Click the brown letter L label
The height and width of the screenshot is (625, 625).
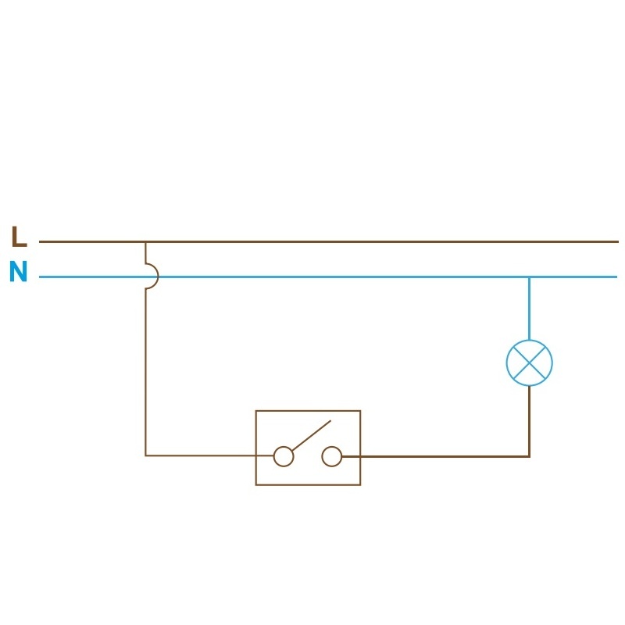(19, 236)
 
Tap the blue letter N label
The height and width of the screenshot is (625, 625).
(18, 273)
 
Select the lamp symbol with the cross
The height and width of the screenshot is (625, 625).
(529, 362)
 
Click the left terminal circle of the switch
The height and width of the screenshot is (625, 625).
(283, 456)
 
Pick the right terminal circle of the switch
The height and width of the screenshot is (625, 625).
(332, 456)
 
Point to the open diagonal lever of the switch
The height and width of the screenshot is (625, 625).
(311, 434)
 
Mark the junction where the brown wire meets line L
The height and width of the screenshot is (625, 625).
(145, 242)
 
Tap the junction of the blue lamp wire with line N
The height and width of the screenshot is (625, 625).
(529, 277)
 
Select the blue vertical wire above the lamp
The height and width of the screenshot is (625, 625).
(529, 309)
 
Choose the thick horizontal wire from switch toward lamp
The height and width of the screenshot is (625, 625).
(437, 455)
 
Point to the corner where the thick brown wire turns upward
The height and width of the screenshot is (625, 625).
(529, 455)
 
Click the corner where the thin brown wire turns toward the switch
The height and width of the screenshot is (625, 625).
(145, 455)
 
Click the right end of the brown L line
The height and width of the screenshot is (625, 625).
(616, 242)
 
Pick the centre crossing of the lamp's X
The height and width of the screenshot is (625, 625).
(529, 362)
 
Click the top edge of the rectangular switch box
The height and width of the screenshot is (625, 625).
(308, 411)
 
